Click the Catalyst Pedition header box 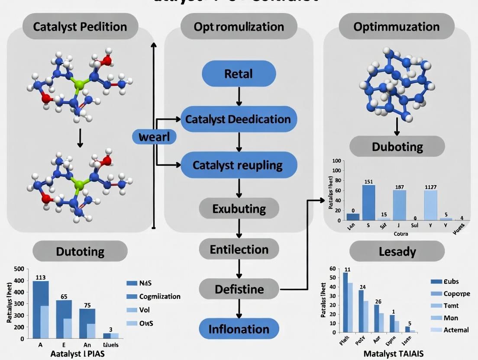pos(80,27)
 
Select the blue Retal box pos(239,74)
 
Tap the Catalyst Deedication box pos(239,119)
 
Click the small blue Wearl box pos(154,138)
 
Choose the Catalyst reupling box pos(239,165)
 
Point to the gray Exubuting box pos(239,209)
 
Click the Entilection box pos(239,250)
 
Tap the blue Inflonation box pos(239,329)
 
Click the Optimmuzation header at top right pos(396,27)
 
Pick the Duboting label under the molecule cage pos(397,147)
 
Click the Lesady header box pos(397,251)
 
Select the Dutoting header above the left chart pos(80,251)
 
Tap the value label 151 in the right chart pos(368,181)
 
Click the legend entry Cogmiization pos(160,296)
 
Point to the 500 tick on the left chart pos(19,269)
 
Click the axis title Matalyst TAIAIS pos(393,353)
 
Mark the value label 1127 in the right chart pos(430,187)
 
